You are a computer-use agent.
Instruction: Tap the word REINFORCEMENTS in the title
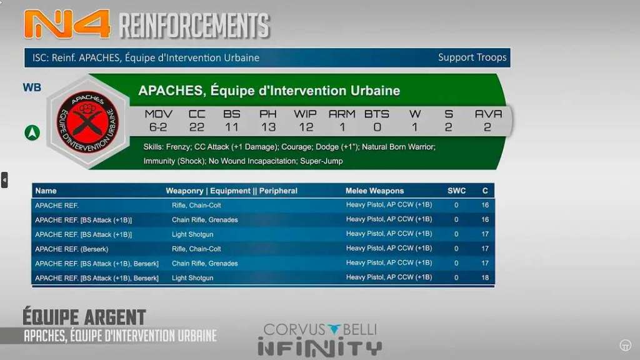194,25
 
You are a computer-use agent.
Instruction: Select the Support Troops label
472,57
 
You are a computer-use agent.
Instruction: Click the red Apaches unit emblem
87,122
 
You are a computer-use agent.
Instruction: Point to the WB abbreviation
32,87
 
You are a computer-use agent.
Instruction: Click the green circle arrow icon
32,132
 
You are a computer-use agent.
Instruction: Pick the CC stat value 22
197,127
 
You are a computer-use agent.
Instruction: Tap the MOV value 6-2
158,127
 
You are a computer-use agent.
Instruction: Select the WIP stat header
305,114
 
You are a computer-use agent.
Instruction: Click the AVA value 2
487,127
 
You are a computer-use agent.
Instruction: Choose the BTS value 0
377,127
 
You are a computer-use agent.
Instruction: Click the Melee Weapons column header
375,191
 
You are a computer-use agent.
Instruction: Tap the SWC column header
456,191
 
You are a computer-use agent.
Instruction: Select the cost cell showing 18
485,277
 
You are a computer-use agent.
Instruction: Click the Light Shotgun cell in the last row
192,278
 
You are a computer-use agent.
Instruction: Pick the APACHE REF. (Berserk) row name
71,249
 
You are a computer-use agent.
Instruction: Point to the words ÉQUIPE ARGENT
84,317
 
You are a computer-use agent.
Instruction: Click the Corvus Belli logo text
321,329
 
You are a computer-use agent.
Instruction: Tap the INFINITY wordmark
320,348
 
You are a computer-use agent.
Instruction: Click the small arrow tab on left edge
4,180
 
